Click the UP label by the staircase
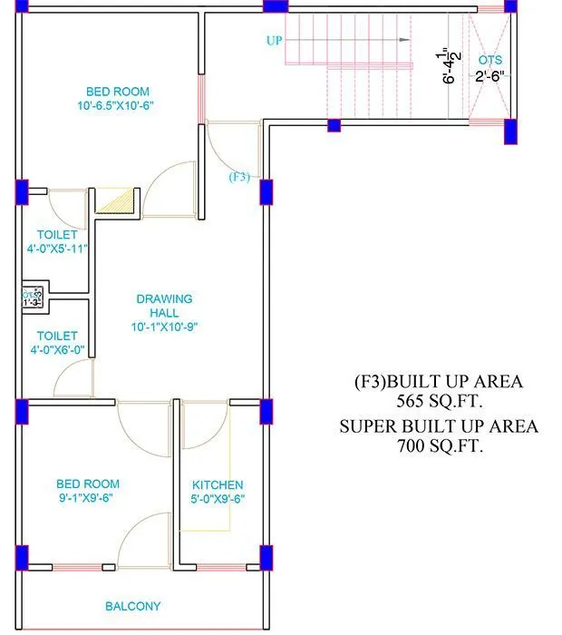(x=275, y=41)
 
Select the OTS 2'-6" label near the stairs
(x=489, y=68)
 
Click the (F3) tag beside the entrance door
(x=238, y=177)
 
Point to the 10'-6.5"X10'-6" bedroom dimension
(x=118, y=106)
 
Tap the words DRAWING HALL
(x=164, y=305)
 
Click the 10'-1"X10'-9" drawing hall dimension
(x=164, y=327)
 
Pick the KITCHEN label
(x=218, y=485)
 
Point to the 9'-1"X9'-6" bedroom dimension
(x=88, y=497)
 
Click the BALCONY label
(x=133, y=606)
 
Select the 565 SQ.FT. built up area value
(x=439, y=400)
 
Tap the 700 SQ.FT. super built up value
(x=439, y=445)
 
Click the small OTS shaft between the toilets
(x=32, y=297)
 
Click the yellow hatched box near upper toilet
(x=115, y=200)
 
